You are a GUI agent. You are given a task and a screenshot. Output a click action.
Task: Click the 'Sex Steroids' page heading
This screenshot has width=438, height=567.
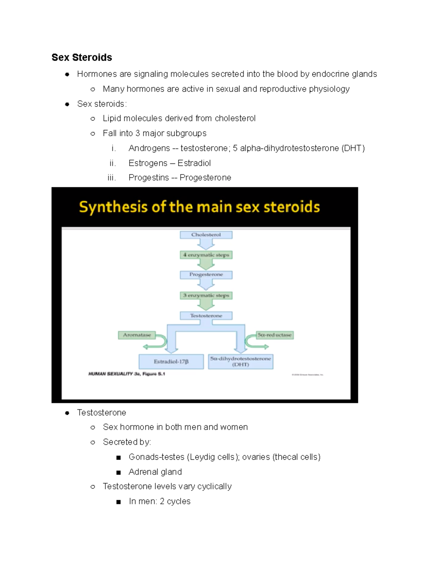click(82, 57)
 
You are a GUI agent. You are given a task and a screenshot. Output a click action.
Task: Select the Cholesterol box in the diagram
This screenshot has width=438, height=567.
click(206, 235)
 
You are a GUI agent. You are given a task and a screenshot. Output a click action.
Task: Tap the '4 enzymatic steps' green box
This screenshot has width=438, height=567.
click(206, 255)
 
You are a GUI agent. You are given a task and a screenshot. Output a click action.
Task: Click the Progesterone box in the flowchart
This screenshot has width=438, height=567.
click(206, 275)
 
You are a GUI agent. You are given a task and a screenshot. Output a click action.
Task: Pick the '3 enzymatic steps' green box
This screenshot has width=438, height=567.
click(206, 295)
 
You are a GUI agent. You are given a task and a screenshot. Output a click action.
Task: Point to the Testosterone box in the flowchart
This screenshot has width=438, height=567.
click(206, 316)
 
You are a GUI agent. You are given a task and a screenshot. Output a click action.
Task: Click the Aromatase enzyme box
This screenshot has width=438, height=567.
click(137, 335)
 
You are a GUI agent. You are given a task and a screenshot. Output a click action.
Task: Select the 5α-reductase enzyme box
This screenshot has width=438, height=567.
click(274, 335)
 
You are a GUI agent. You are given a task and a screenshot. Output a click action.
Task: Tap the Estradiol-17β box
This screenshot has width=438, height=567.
click(171, 361)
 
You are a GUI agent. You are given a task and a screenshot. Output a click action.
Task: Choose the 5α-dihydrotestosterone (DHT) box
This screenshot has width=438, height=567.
click(241, 361)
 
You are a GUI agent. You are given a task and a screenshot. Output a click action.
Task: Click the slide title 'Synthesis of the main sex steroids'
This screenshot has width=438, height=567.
click(199, 207)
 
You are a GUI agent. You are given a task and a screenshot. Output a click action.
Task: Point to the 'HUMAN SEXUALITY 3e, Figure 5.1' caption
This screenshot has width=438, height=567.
click(127, 374)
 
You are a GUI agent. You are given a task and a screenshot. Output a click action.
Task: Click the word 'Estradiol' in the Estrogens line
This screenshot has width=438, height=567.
click(194, 163)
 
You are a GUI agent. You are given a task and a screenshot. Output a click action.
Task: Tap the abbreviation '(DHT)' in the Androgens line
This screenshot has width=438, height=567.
click(353, 148)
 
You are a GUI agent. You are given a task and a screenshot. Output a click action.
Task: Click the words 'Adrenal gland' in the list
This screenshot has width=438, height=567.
click(155, 472)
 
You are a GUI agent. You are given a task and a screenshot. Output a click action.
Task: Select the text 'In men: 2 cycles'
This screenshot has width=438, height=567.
click(160, 501)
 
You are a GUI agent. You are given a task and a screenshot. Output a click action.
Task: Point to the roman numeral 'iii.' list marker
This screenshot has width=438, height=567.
click(112, 178)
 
